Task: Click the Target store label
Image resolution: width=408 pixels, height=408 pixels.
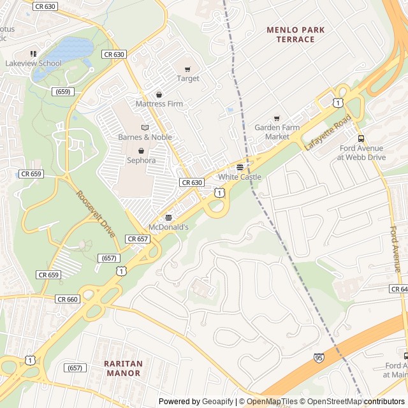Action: point(188,78)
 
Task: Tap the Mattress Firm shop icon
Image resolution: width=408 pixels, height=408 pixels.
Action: point(159,94)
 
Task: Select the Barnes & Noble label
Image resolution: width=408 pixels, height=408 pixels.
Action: point(145,136)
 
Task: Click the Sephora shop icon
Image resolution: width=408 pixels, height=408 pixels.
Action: point(141,150)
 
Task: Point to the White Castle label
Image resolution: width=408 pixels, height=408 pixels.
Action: point(240,177)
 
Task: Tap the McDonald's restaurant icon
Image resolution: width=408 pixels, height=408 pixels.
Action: point(168,217)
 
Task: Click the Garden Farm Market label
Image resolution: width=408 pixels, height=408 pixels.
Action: point(277,132)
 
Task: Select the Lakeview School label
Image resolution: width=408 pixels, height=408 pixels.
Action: point(33,63)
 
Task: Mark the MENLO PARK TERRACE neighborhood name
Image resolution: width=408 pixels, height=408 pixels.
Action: point(296,34)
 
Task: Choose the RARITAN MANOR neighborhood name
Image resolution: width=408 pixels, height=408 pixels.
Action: point(123,368)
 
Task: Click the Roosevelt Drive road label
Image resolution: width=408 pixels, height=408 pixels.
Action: point(96,214)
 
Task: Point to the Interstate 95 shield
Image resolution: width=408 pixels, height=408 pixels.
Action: point(318,358)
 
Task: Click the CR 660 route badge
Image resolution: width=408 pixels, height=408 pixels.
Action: point(67,299)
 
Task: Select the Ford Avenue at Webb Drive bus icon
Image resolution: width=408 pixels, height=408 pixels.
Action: point(361,138)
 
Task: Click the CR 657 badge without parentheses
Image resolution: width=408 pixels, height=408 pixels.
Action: point(138,239)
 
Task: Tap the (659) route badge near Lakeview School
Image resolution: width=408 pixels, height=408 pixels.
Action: point(62,92)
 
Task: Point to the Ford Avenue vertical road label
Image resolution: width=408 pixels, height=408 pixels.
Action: point(395,249)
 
